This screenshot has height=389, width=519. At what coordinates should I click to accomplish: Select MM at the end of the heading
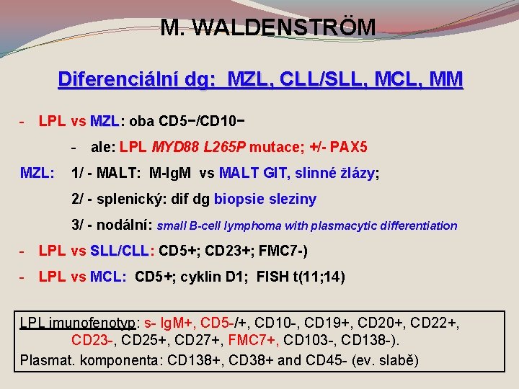click(x=446, y=79)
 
